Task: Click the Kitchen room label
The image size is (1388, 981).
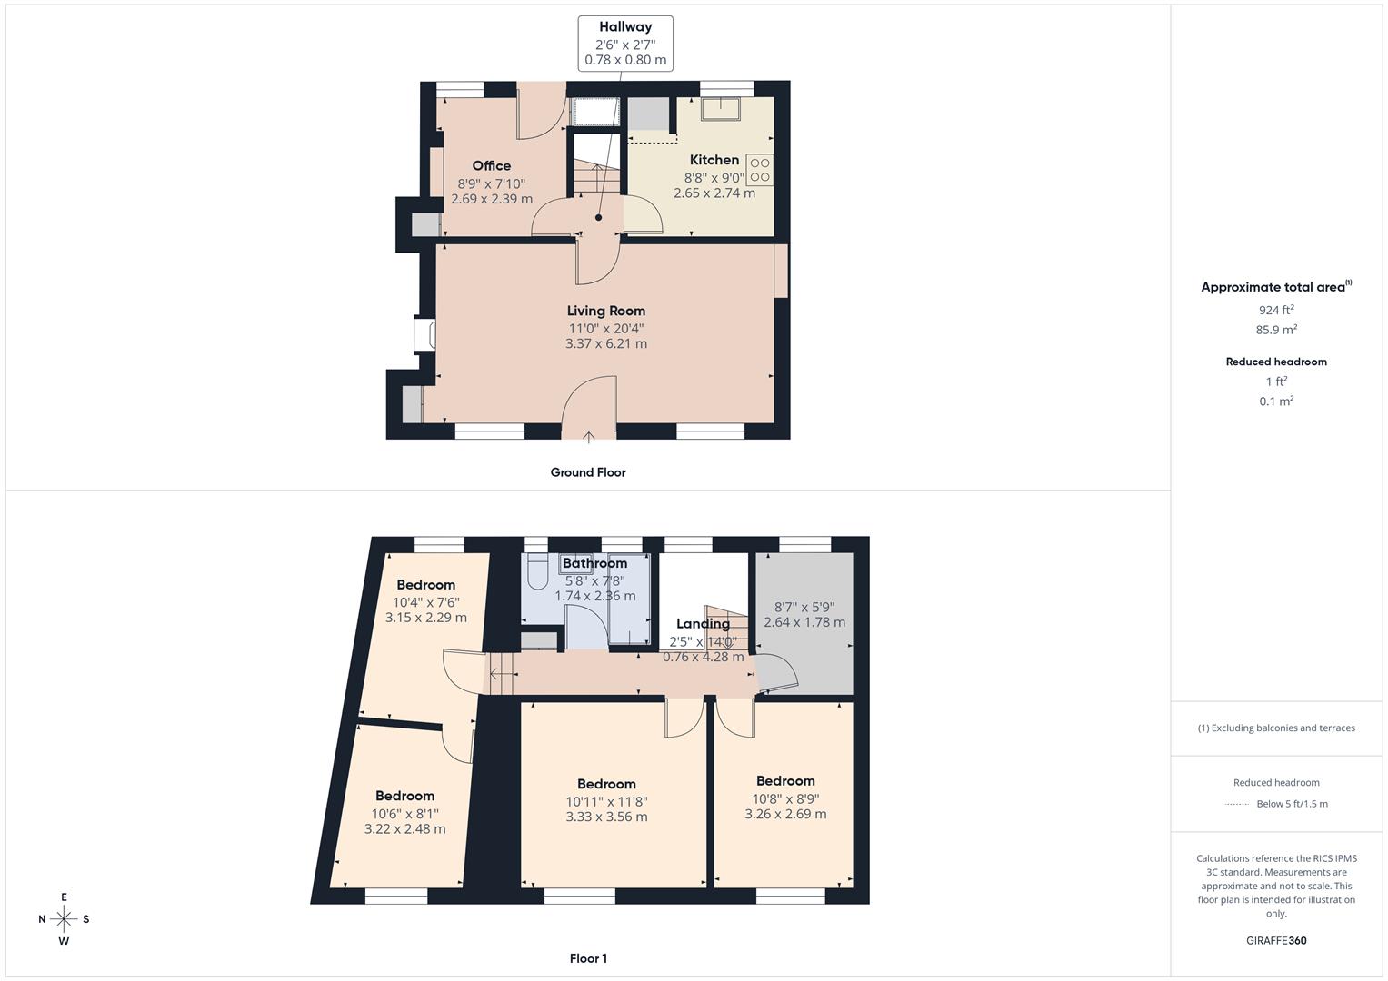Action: point(714,160)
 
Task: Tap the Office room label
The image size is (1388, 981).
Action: point(492,165)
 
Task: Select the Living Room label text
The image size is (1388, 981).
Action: point(606,311)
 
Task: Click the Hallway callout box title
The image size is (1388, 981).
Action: point(625,26)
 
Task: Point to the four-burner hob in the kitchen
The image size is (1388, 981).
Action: point(759,170)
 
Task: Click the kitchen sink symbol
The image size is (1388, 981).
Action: point(720,108)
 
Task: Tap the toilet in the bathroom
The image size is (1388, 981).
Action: point(536,571)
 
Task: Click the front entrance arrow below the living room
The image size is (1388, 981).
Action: point(588,437)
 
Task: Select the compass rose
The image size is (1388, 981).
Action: point(64,919)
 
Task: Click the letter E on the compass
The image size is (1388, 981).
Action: point(64,897)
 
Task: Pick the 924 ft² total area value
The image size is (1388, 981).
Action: point(1276,310)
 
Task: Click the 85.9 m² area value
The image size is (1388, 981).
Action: point(1276,330)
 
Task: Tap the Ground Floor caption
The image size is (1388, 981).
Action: point(588,472)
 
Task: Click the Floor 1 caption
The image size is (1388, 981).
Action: point(588,958)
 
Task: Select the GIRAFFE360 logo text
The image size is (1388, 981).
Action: point(1276,940)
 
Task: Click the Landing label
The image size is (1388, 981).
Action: point(703,624)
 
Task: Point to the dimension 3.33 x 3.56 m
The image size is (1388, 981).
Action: point(606,817)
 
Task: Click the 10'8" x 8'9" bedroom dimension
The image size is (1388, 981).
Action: point(785,799)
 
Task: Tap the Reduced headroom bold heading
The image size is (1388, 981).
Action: point(1276,362)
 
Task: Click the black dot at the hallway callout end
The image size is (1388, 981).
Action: point(599,217)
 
